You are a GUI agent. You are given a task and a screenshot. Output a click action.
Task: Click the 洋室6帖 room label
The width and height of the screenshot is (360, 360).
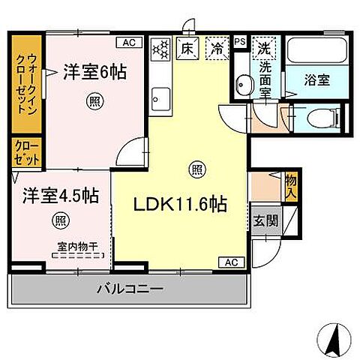(93, 73)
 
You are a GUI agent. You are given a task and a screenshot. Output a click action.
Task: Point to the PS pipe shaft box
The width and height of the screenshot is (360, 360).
(239, 42)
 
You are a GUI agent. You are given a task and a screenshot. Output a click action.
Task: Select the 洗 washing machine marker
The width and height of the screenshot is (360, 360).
(264, 46)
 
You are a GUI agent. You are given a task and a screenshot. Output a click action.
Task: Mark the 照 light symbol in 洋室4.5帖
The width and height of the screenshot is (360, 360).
(58, 220)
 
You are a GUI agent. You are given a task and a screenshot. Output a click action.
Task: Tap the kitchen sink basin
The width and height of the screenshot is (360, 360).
(160, 95)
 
